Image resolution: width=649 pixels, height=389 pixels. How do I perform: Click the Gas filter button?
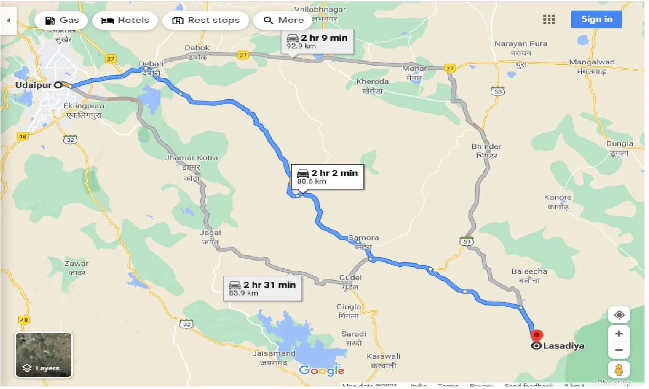62,21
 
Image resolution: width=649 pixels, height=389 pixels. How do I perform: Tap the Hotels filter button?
125,21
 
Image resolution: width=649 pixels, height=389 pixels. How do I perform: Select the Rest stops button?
205,21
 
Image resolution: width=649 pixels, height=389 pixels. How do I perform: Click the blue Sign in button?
596,20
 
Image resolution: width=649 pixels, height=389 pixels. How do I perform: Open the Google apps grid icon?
549,20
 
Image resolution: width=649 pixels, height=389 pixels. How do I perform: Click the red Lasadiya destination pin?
536,335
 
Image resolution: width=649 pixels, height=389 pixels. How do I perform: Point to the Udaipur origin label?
33,85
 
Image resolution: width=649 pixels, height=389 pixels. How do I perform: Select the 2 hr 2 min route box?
328,177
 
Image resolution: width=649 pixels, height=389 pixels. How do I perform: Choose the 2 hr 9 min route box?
317,42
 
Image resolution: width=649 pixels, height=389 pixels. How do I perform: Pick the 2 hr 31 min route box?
262,288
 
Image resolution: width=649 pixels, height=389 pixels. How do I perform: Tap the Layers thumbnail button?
43,355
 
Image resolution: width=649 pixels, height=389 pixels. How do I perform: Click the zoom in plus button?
619,334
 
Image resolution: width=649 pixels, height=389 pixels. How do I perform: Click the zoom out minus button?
619,350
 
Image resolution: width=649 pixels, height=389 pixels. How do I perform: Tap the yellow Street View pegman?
619,369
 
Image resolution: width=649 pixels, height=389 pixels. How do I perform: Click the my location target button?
619,315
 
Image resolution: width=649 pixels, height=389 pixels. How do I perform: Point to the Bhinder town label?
486,147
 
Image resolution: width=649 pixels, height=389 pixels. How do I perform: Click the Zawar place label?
76,264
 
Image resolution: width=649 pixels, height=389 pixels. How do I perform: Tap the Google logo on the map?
321,370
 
